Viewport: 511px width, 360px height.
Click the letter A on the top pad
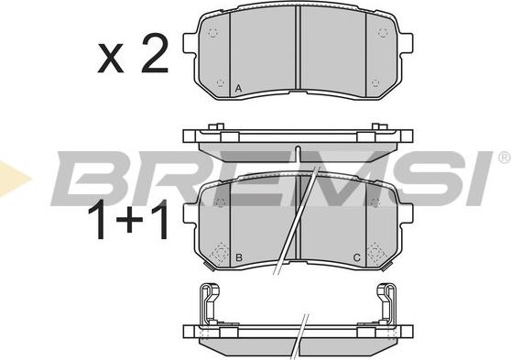(x=238, y=88)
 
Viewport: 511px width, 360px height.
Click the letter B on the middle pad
(x=239, y=258)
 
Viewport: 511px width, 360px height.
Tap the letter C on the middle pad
(x=357, y=258)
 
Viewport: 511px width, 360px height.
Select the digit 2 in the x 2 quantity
(x=155, y=54)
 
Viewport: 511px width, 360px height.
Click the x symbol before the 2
(x=111, y=58)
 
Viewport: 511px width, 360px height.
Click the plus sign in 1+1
(x=130, y=219)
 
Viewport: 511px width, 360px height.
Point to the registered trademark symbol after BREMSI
(x=505, y=158)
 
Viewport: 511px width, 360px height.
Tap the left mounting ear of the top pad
(x=190, y=43)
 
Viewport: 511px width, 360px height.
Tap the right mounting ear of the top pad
(x=406, y=43)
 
